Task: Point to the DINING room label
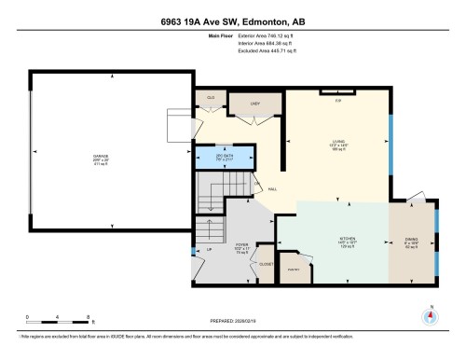(x=411, y=239)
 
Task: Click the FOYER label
(x=215, y=248)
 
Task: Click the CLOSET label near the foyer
(x=264, y=264)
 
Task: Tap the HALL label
(x=272, y=189)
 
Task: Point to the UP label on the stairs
(x=210, y=250)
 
